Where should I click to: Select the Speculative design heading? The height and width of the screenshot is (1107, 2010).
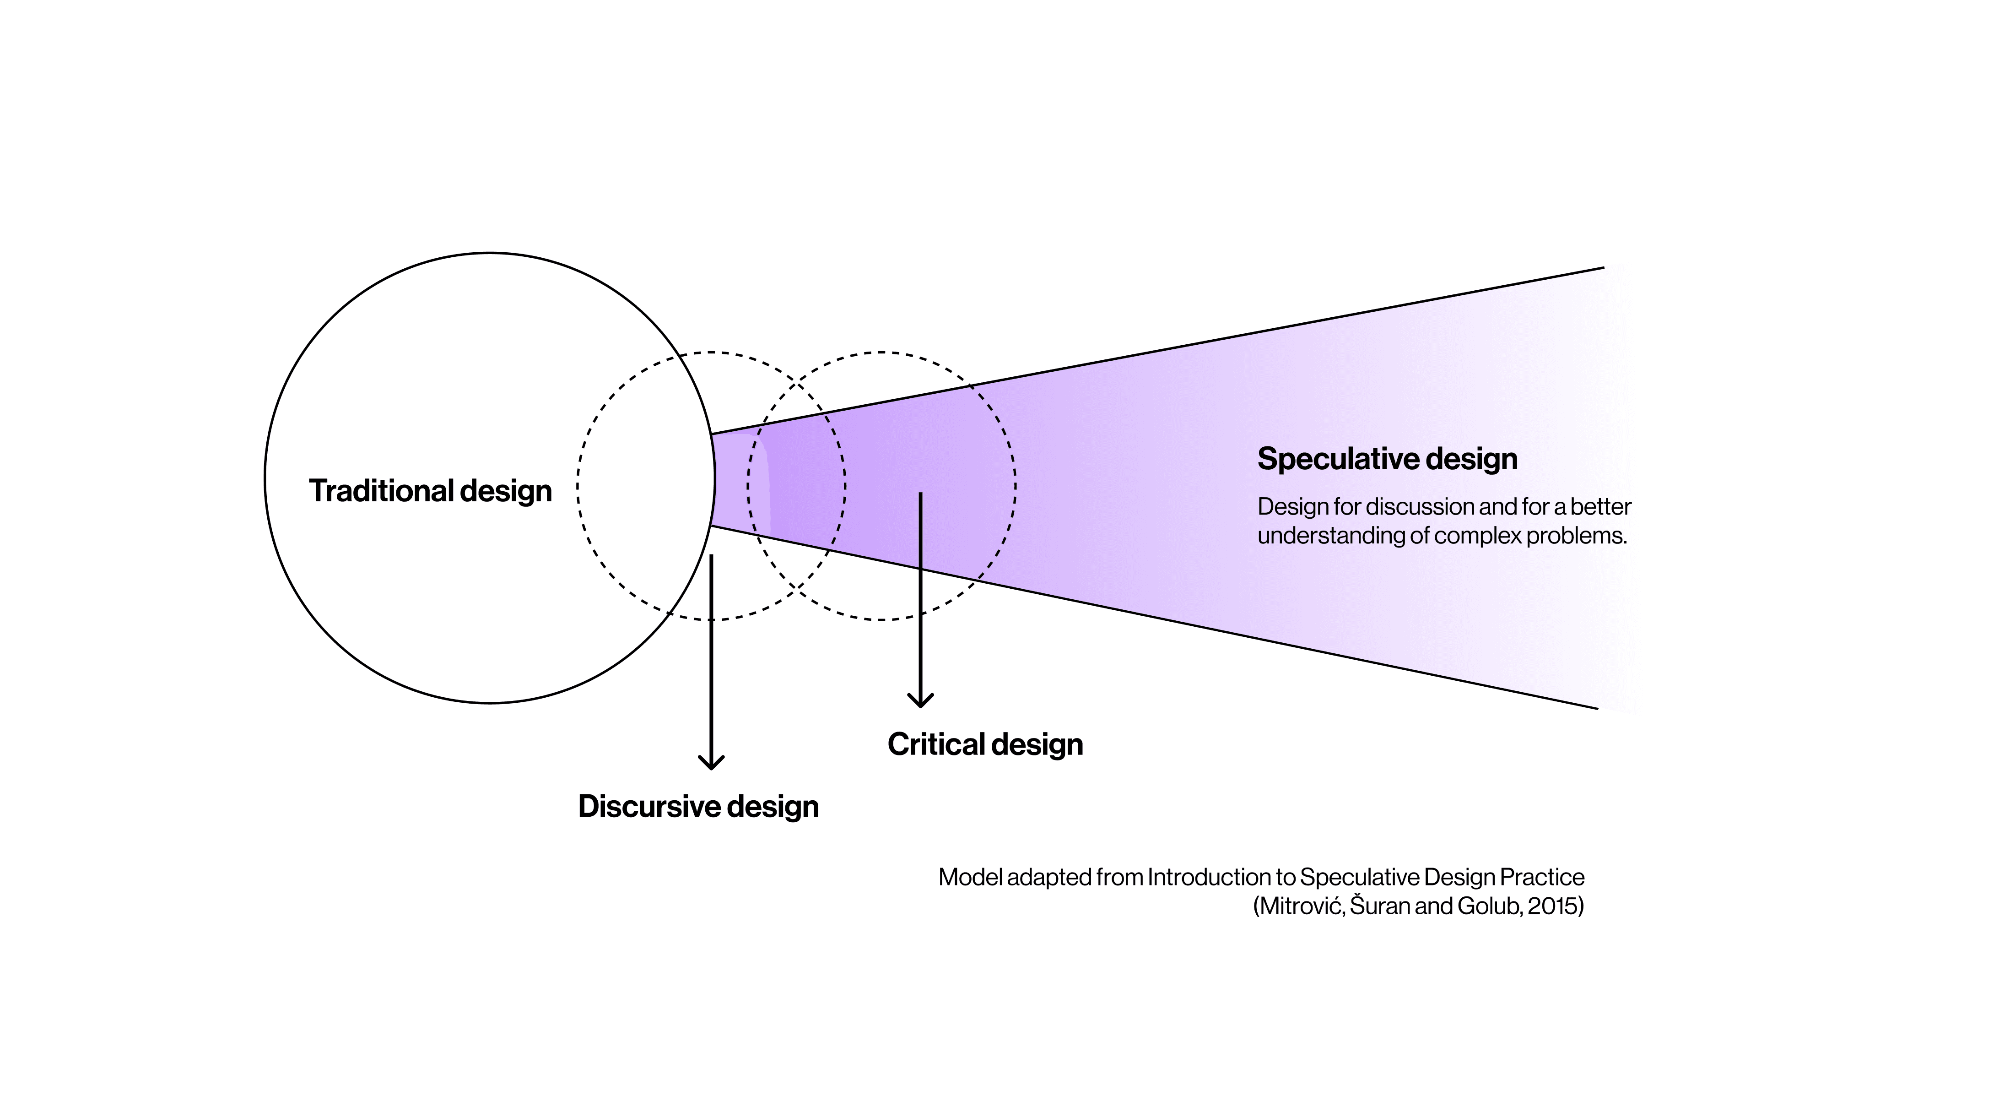click(1387, 459)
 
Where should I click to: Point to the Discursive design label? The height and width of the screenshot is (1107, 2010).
click(698, 806)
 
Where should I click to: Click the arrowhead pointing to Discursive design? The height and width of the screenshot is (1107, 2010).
click(711, 763)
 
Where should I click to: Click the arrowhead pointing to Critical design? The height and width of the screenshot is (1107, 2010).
click(921, 700)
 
